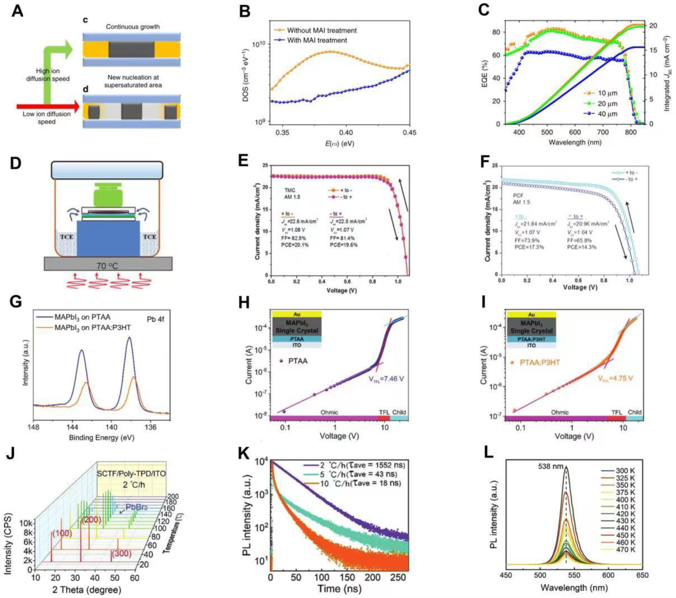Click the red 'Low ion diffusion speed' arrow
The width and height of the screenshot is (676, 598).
coord(45,107)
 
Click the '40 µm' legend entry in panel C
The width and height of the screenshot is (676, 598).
coord(607,114)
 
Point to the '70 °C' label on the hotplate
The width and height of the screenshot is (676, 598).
coord(107,266)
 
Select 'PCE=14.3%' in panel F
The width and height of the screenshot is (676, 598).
coord(582,247)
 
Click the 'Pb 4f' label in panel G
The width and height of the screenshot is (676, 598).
coord(155,319)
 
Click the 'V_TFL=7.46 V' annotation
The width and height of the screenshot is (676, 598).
coord(386,378)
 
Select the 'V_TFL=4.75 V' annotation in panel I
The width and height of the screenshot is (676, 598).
coord(615,378)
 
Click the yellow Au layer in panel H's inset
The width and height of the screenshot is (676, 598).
coord(297,315)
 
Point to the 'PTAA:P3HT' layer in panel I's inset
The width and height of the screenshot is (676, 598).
coord(531,339)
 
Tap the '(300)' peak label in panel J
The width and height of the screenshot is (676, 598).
coord(122,554)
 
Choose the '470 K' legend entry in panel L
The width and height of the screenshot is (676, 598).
coord(625,549)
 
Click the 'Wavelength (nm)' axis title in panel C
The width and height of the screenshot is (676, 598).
coord(574,143)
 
